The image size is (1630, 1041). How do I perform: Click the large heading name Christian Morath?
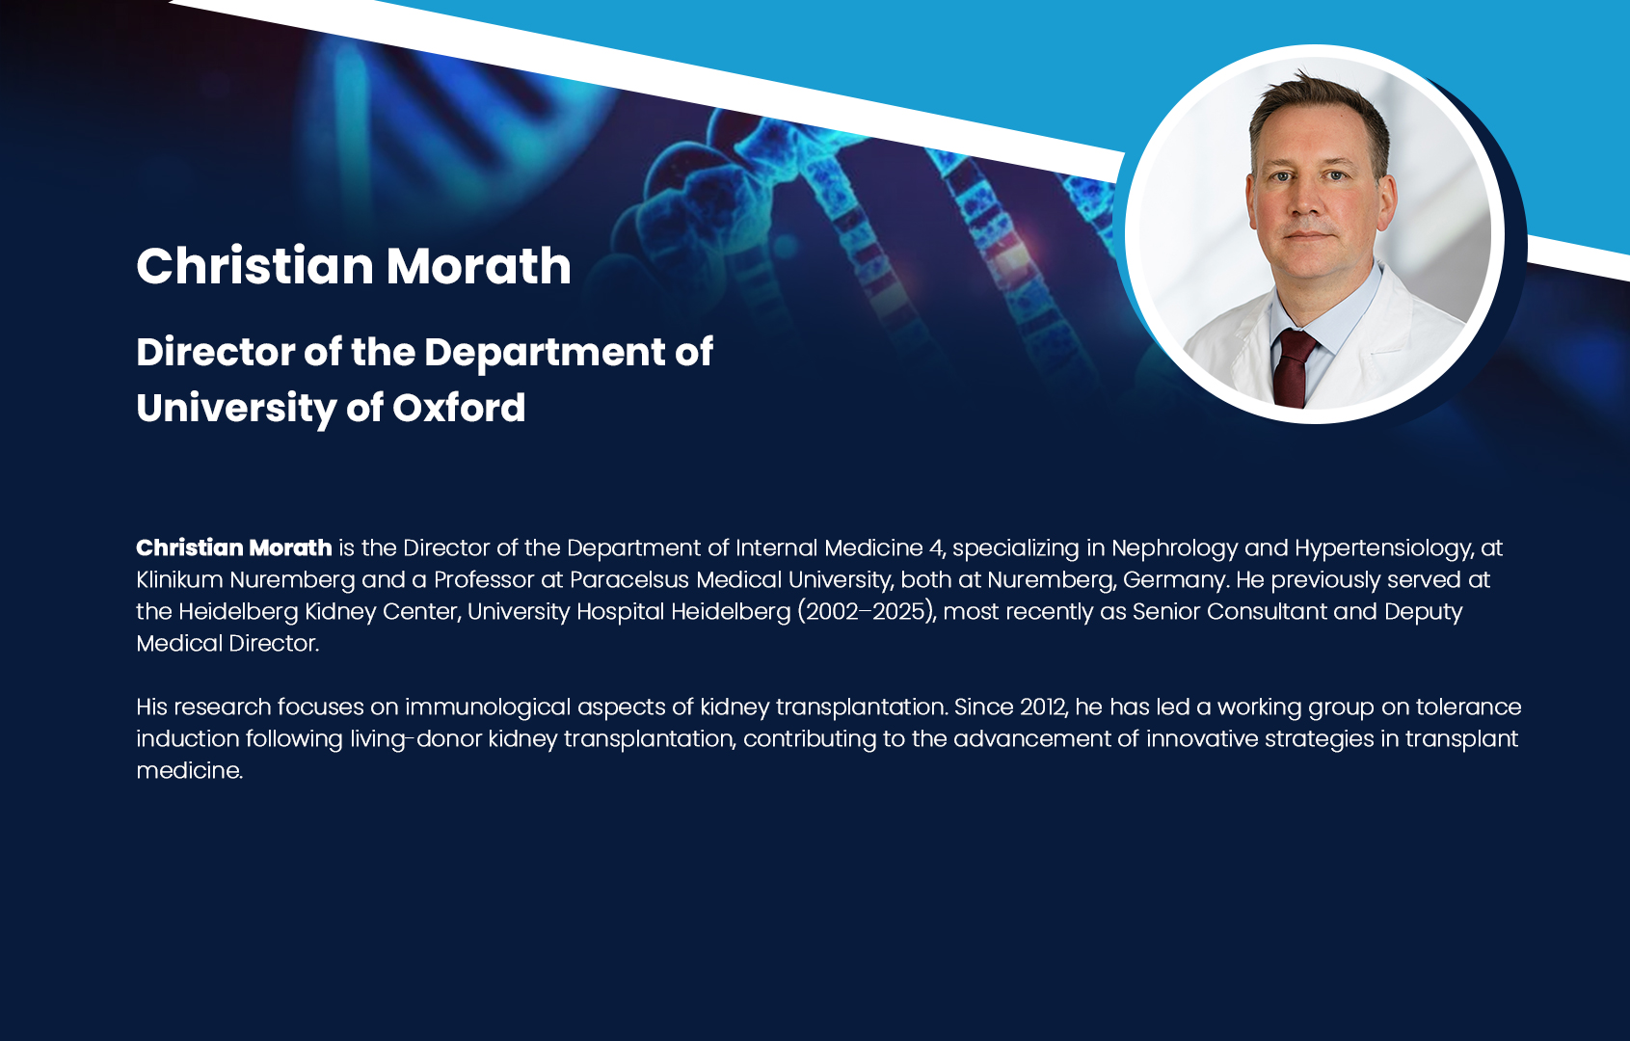[x=354, y=265]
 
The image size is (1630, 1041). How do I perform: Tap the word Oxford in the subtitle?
[x=459, y=408]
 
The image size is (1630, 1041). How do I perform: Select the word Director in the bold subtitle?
[x=215, y=352]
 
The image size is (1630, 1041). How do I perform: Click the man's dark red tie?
[x=1293, y=367]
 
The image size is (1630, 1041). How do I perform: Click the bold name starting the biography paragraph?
[x=234, y=547]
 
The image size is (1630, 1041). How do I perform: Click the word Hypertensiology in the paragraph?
[x=1383, y=548]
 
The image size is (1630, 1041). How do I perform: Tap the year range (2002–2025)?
[x=866, y=612]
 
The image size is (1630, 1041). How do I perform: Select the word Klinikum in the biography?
[x=179, y=580]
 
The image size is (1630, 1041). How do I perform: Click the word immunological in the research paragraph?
[x=488, y=707]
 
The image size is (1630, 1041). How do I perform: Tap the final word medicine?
[x=189, y=771]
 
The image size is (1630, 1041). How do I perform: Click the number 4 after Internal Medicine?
[x=936, y=548]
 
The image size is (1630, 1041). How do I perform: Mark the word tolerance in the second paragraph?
[x=1468, y=707]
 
